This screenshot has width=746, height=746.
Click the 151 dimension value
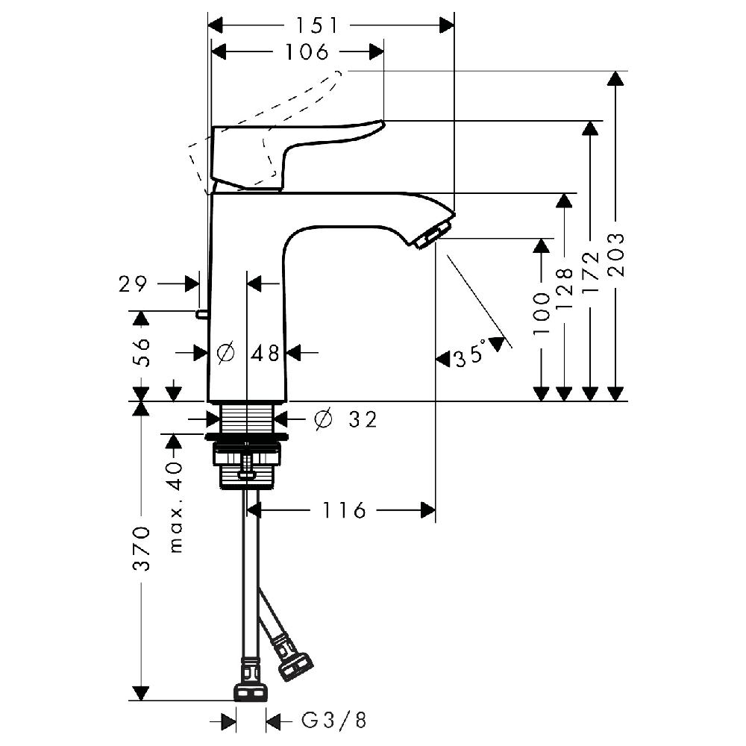tap(317, 25)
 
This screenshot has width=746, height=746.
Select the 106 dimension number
tap(307, 52)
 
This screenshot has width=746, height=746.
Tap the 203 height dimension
tap(616, 254)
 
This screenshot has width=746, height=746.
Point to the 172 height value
tap(590, 272)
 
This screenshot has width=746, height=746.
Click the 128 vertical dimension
tap(564, 288)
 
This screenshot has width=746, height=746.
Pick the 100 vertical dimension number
tap(542, 314)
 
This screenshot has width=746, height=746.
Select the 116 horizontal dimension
tap(344, 510)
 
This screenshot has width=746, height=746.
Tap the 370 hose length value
tap(141, 548)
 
